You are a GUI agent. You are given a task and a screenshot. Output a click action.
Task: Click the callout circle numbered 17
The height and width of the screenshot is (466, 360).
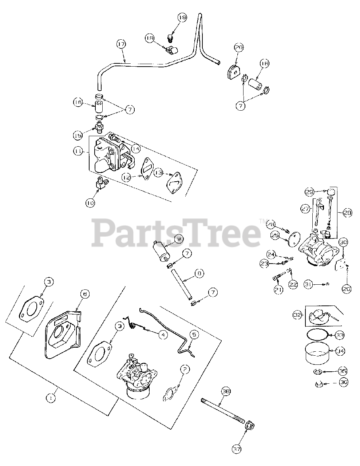(121, 44)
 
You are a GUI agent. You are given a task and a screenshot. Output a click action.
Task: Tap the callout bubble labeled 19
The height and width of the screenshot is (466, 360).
(182, 17)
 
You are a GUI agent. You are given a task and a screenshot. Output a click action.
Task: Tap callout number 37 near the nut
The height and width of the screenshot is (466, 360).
(237, 449)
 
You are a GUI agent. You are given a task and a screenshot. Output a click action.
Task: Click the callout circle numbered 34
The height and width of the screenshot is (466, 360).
(340, 351)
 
